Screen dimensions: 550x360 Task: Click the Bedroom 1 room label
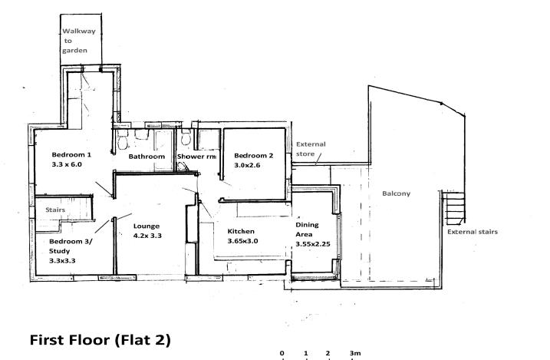click(x=71, y=155)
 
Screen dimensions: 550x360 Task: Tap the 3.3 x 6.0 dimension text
click(x=67, y=164)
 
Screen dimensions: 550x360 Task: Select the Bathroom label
click(x=147, y=157)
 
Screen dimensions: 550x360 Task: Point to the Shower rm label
click(x=196, y=157)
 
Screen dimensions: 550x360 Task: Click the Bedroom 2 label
click(x=254, y=156)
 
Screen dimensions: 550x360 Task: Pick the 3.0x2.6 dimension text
click(x=247, y=165)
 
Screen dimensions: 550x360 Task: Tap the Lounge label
click(x=147, y=226)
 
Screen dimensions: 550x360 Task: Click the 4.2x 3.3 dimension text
click(x=147, y=236)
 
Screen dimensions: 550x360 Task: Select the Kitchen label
click(x=241, y=231)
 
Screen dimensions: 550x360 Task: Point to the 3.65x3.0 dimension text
click(x=242, y=241)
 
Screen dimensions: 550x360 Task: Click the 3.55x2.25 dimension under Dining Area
click(x=313, y=244)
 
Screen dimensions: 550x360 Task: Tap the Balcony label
click(x=397, y=193)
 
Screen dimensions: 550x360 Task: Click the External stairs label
click(x=473, y=232)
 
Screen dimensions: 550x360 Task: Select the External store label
click(x=311, y=149)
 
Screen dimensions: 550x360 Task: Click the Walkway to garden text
click(x=79, y=41)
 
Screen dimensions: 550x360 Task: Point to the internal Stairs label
click(x=55, y=210)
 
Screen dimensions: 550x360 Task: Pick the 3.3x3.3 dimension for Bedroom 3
click(x=62, y=261)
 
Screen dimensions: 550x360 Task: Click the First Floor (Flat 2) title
click(x=100, y=340)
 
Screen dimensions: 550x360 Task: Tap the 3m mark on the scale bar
click(x=355, y=353)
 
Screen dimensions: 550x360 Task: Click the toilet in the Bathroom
click(x=123, y=140)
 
